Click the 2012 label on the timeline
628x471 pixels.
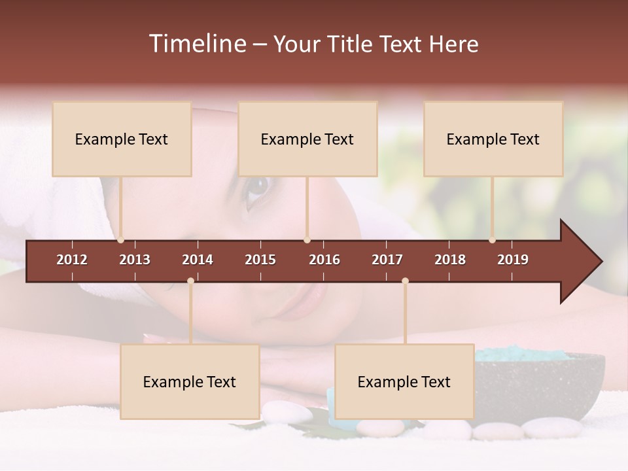coord(72,260)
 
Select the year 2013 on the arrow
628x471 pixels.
coord(135,260)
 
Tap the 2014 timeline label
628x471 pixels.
coord(198,260)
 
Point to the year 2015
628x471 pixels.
coord(260,260)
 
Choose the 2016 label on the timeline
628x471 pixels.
coord(324,260)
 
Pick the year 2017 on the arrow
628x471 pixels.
coord(387,260)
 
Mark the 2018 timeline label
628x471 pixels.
coord(450,260)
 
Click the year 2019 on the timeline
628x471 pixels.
coord(513,260)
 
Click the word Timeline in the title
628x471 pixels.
coord(197,44)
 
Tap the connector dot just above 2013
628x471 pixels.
coord(120,240)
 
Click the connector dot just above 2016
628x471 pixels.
coord(307,240)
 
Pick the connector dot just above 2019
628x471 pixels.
coord(493,240)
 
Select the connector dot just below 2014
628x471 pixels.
coord(190,281)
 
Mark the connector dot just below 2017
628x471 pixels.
coord(405,281)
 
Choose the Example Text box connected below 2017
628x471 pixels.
coord(404,381)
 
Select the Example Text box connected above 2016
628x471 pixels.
coord(307,139)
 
